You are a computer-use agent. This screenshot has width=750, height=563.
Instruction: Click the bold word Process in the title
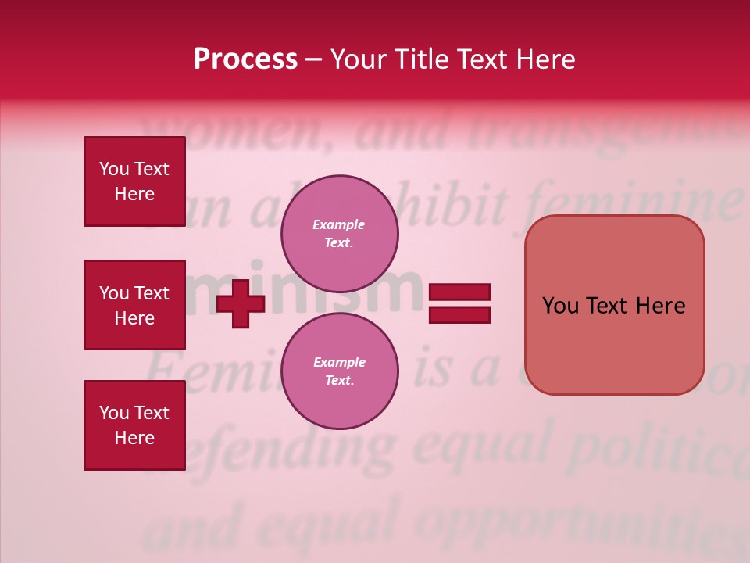click(x=245, y=59)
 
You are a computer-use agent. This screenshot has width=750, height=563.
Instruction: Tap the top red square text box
click(x=134, y=181)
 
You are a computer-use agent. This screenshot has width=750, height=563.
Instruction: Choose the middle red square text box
click(x=134, y=305)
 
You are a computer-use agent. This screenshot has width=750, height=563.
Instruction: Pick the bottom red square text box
click(x=134, y=425)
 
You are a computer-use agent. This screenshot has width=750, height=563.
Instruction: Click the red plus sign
click(x=241, y=303)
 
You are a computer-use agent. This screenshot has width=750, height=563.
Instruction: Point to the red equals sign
click(x=460, y=303)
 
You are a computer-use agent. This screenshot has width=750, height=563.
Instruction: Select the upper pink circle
click(x=340, y=233)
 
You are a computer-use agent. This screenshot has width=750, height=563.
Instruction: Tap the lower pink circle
click(x=340, y=371)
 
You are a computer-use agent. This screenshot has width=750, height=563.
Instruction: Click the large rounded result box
click(x=614, y=305)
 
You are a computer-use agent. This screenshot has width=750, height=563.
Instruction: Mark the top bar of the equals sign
click(x=460, y=292)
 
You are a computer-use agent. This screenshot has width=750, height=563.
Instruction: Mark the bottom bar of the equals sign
click(x=460, y=314)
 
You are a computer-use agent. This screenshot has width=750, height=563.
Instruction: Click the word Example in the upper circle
click(x=339, y=225)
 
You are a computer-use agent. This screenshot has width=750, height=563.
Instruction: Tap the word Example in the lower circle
click(x=339, y=363)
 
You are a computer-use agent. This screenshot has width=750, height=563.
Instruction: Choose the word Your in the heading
click(x=359, y=59)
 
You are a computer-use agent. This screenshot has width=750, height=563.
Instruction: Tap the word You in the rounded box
click(x=561, y=306)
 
